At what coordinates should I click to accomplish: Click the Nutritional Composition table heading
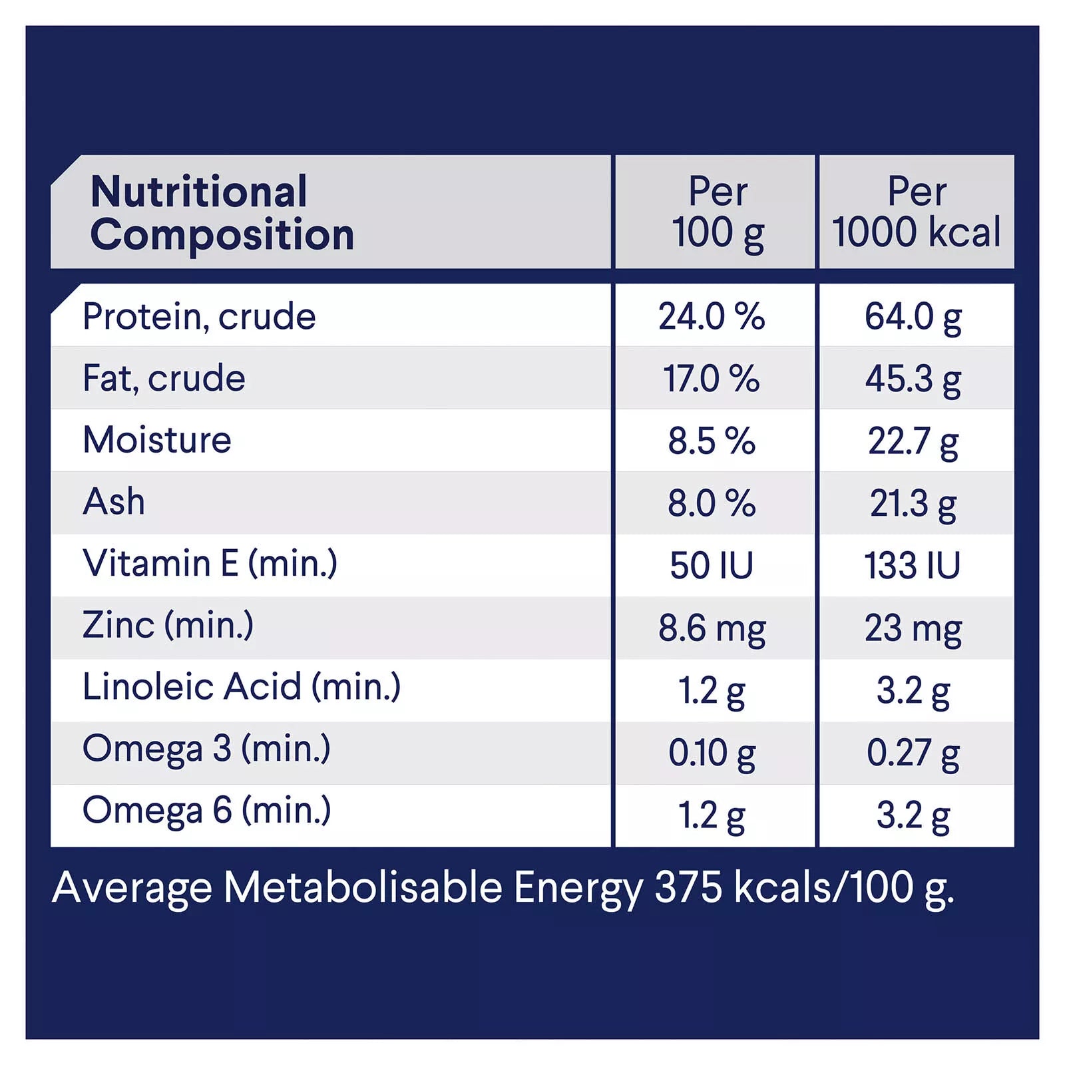(222, 213)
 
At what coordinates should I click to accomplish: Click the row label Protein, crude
(199, 316)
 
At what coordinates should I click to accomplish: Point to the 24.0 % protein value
(711, 316)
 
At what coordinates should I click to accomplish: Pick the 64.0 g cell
(913, 316)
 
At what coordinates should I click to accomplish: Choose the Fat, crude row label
(164, 378)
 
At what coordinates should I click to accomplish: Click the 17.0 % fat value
(711, 379)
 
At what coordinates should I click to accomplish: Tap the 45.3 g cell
(913, 379)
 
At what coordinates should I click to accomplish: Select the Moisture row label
(157, 440)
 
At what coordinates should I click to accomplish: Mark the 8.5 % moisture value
(711, 441)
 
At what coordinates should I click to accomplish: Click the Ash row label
(114, 502)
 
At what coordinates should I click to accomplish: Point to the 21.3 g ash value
(913, 503)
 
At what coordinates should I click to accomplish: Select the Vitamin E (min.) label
(210, 564)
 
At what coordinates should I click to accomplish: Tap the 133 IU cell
(913, 566)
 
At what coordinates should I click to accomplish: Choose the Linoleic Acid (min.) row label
(242, 687)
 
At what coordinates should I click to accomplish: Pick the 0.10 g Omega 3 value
(712, 753)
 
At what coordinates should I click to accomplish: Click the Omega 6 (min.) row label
(206, 811)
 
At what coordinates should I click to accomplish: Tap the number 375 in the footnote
(688, 887)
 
